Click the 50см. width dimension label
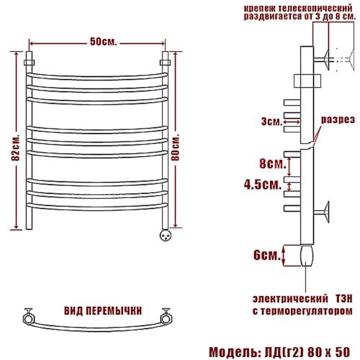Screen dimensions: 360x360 click(104, 42)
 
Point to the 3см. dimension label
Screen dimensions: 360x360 click(271, 122)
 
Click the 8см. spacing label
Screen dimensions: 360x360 click(273, 164)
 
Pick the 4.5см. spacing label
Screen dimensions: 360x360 click(263, 185)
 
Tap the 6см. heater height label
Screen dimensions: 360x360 click(266, 255)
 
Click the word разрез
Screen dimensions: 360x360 click(338, 120)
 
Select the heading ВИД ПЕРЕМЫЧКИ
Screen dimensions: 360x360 click(103, 311)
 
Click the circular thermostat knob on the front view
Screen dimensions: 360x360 click(166, 235)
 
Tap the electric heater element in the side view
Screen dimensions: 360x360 click(307, 256)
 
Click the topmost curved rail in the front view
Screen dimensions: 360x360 click(97, 76)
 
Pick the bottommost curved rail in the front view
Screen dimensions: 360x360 click(97, 207)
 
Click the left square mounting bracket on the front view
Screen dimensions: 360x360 click(29, 63)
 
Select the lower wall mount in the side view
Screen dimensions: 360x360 click(322, 212)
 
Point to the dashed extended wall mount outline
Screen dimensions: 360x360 click(344, 60)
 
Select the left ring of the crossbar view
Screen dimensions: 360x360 click(29, 319)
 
